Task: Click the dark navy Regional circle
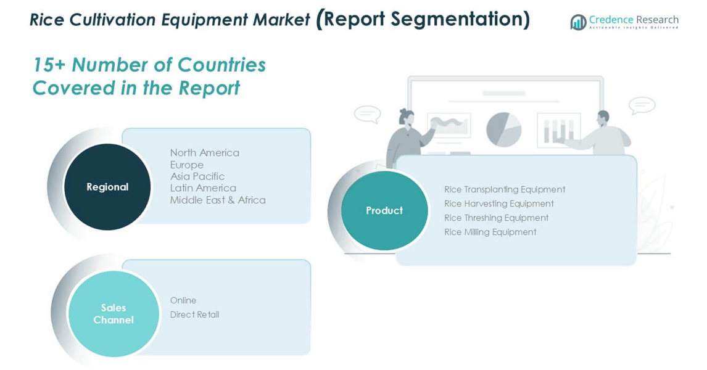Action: (107, 187)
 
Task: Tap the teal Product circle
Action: (384, 210)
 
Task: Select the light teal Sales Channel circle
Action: (114, 314)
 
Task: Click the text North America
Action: (205, 153)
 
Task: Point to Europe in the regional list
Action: (187, 165)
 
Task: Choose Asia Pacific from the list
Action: (197, 176)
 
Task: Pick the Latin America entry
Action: (203, 188)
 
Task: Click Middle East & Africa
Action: (218, 200)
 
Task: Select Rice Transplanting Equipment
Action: (505, 190)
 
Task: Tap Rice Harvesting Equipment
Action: (498, 203)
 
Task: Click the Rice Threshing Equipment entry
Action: (496, 218)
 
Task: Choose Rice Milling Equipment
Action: (490, 232)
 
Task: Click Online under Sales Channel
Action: (183, 300)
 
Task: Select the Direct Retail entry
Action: (194, 314)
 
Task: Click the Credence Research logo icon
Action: (578, 22)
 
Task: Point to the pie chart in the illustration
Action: (503, 129)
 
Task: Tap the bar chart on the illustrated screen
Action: (559, 130)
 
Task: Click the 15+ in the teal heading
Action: (49, 65)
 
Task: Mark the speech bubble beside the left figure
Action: (368, 114)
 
